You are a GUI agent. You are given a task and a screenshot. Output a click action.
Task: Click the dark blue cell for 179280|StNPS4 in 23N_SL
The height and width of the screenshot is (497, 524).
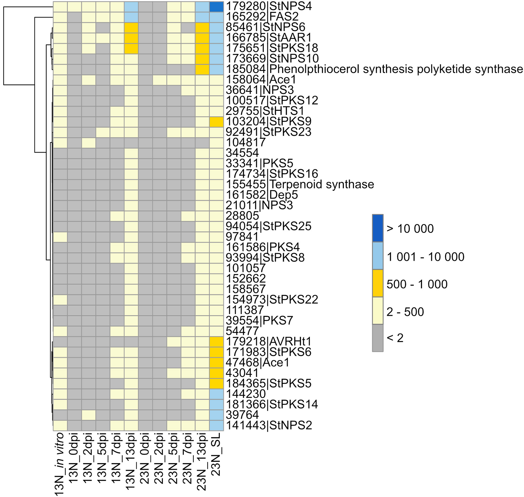[216, 7]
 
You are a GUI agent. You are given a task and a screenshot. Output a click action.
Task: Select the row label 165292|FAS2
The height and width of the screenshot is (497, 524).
[262, 17]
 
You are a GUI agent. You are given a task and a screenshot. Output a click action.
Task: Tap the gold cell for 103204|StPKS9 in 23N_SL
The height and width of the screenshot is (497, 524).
[216, 122]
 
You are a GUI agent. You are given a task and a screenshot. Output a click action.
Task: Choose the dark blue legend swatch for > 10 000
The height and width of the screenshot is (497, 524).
[378, 228]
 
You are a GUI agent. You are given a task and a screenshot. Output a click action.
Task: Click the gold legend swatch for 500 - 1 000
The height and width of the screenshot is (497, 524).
[378, 283]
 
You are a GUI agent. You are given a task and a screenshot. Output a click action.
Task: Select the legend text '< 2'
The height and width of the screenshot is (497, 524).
[395, 338]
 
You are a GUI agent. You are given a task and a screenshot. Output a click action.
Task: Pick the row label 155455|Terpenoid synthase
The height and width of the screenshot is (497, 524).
[300, 184]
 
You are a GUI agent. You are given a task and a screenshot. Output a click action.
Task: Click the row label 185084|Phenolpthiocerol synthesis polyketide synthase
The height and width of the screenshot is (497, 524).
[374, 69]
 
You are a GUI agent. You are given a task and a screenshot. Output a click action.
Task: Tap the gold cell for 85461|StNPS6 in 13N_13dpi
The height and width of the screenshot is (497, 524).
[131, 27]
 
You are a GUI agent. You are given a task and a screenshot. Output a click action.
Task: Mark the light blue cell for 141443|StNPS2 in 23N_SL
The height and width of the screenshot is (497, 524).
[216, 426]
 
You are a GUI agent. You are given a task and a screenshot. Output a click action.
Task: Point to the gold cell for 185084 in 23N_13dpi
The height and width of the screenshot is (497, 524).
[202, 69]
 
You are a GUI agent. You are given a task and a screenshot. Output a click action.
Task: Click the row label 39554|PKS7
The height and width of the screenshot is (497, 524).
[259, 320]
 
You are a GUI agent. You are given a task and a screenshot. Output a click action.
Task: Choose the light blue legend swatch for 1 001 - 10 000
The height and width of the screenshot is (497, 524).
[378, 256]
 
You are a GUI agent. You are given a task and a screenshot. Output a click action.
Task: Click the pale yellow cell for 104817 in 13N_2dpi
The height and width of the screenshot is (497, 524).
[88, 143]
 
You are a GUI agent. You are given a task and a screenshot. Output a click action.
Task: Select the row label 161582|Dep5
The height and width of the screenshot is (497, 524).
[262, 195]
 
